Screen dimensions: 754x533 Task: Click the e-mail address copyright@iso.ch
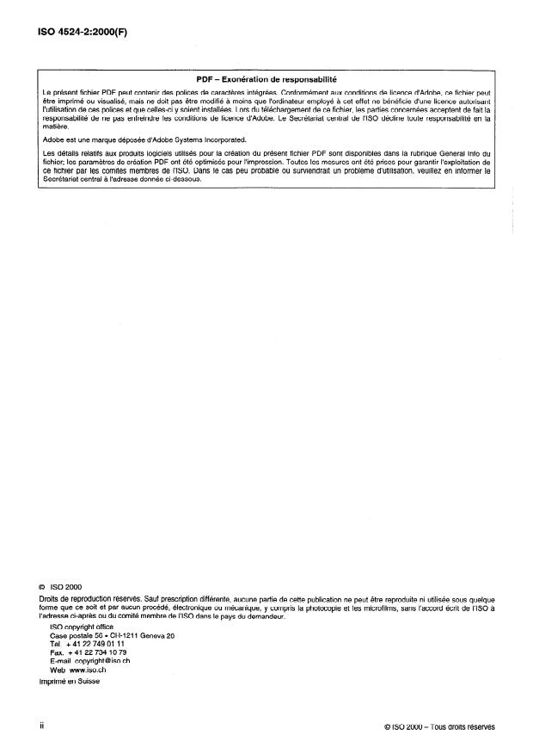[102, 659]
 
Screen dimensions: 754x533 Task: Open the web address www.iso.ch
[89, 667]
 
